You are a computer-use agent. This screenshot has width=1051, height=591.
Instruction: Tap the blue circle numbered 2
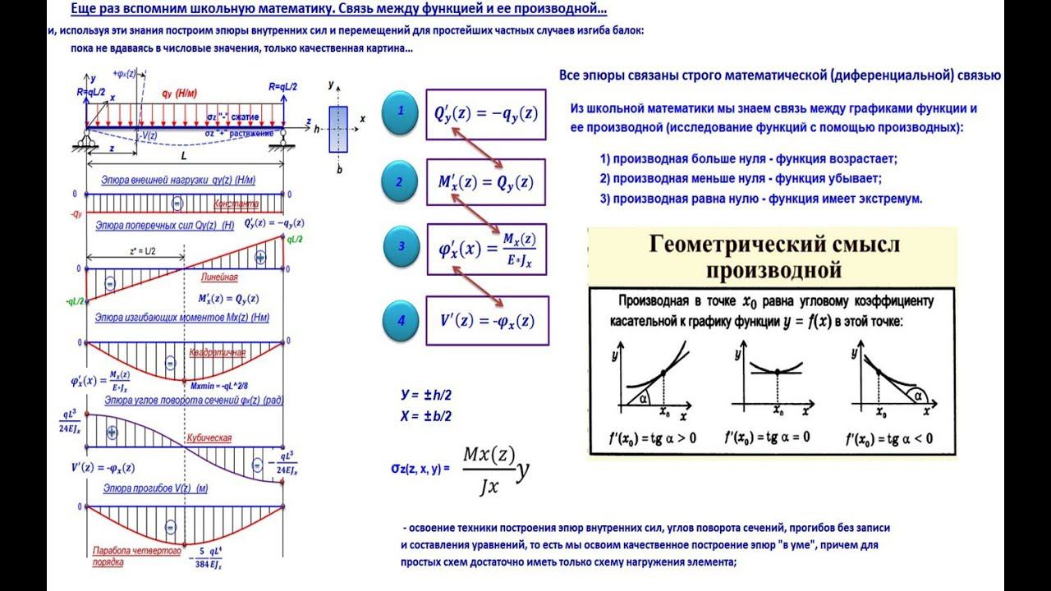click(402, 182)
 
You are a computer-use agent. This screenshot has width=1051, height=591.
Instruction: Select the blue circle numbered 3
click(402, 246)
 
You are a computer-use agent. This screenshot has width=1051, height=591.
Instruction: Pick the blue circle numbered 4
click(402, 320)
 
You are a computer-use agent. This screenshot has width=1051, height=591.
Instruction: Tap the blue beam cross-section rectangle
click(338, 129)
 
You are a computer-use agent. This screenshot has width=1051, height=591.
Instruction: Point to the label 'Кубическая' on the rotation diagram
click(209, 438)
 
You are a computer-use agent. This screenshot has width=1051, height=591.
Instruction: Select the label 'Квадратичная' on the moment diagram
click(218, 353)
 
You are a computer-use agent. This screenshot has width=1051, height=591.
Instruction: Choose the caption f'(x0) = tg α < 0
click(889, 438)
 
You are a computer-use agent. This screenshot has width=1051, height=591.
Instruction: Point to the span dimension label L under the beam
click(183, 153)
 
